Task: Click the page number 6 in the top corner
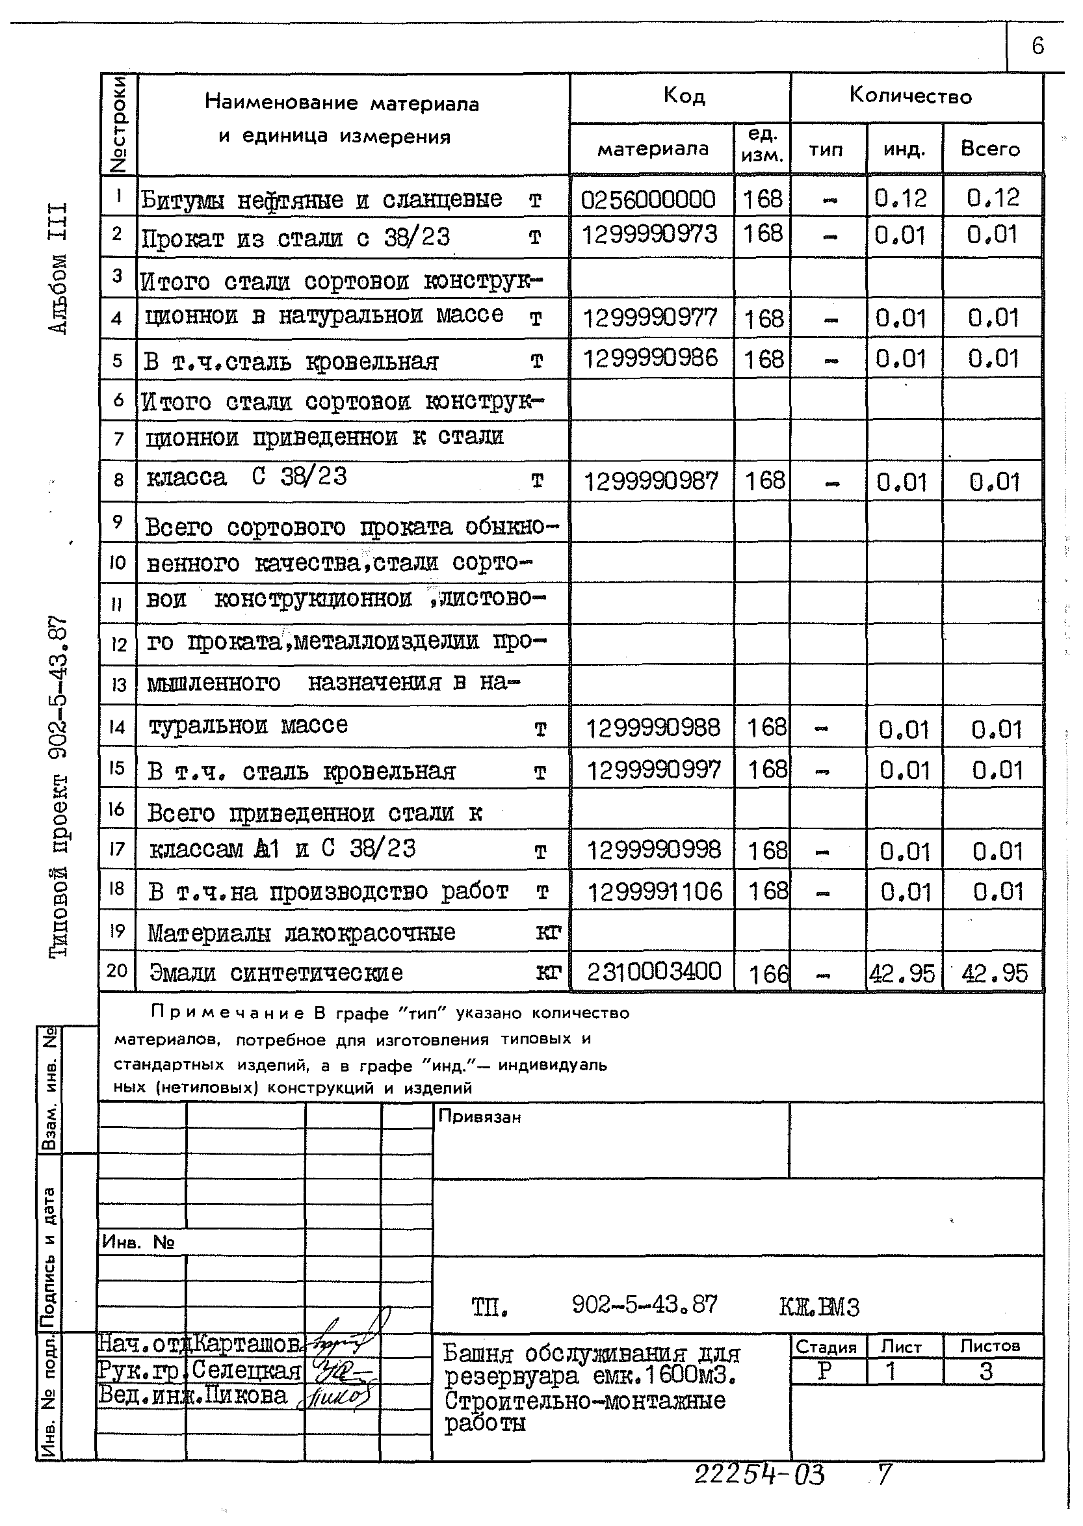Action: pos(1037,46)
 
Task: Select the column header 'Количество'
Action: pos(910,96)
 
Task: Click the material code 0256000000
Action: pos(648,199)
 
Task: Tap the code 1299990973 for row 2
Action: pos(649,235)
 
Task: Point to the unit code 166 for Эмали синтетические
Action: pos(768,975)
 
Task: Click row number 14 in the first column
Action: pos(118,727)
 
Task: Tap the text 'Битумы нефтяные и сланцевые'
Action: pos(321,200)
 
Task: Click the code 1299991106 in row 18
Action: pos(654,891)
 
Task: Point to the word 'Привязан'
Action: pos(480,1116)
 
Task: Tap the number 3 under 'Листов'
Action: pos(986,1372)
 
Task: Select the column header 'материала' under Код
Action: pos(652,149)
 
